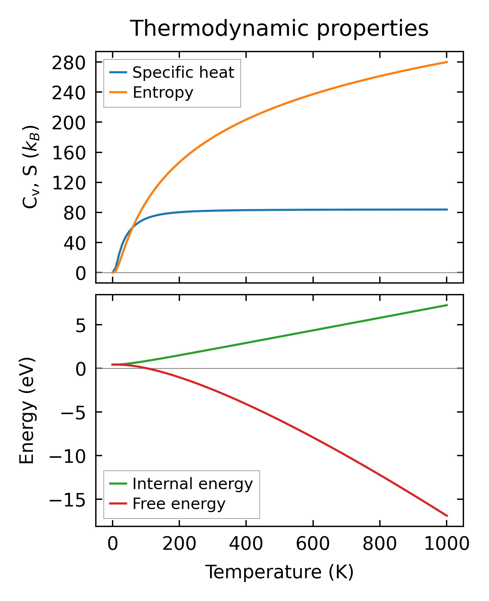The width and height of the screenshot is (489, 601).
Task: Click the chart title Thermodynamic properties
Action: pyautogui.click(x=279, y=28)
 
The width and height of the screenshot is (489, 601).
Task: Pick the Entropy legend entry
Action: pyautogui.click(x=163, y=92)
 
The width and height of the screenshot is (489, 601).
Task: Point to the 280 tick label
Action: pyautogui.click(x=69, y=63)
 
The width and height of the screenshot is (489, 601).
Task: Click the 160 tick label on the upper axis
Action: pyautogui.click(x=69, y=153)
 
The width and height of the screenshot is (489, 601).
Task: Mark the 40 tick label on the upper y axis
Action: pyautogui.click(x=75, y=243)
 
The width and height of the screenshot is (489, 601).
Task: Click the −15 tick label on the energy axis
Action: pyautogui.click(x=67, y=500)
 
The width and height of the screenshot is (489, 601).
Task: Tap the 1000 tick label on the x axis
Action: pyautogui.click(x=446, y=544)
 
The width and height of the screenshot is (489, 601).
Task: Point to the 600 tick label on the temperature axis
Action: pyautogui.click(x=313, y=544)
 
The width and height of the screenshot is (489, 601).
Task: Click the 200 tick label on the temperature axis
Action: pyautogui.click(x=179, y=544)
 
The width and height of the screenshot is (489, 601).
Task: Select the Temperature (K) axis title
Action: pyautogui.click(x=279, y=572)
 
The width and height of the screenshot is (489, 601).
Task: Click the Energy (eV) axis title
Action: pyautogui.click(x=27, y=411)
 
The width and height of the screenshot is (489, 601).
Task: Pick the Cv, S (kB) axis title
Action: pyautogui.click(x=31, y=167)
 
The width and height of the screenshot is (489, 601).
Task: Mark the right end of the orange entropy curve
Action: pyautogui.click(x=447, y=62)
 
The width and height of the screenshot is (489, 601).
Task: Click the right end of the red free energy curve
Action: pyautogui.click(x=447, y=516)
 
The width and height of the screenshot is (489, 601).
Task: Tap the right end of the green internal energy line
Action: pyautogui.click(x=447, y=305)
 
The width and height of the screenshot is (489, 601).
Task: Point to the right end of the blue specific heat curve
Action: pyautogui.click(x=447, y=210)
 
